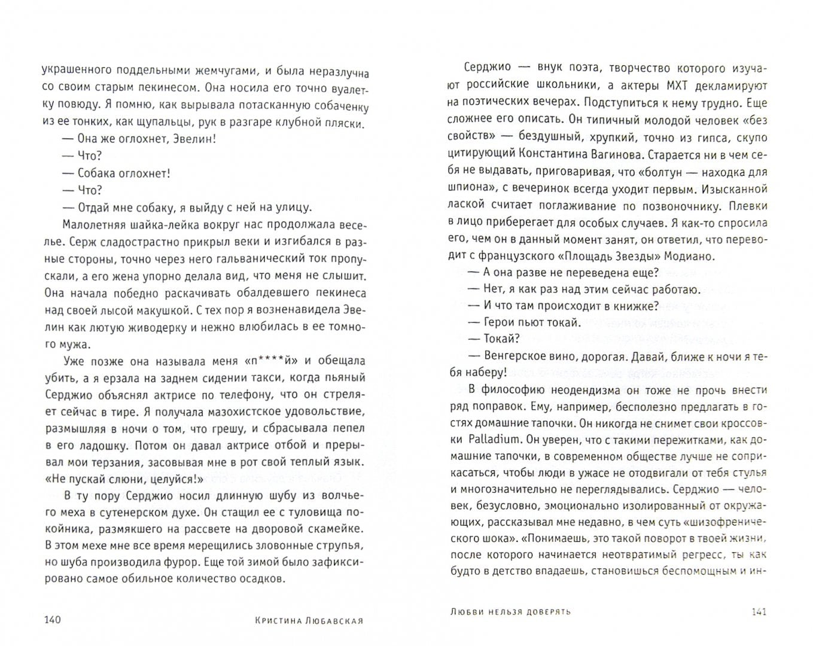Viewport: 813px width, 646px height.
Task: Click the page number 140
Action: pos(53,620)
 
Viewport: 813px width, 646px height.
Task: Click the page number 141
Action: pos(757,611)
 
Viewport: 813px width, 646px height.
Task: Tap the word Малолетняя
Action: pos(91,225)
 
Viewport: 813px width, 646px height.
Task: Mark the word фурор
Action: pos(180,562)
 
